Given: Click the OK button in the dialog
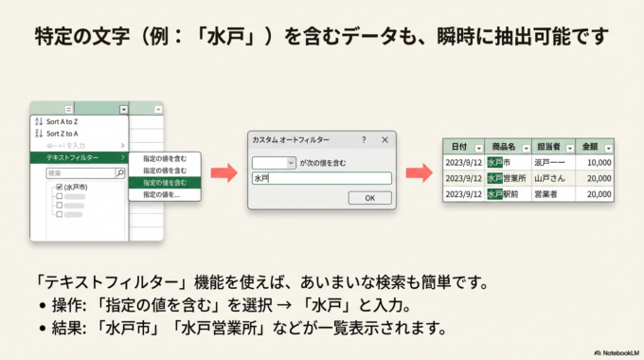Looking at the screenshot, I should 369,198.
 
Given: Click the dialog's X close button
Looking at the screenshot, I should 384,139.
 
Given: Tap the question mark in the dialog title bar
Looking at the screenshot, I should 364,139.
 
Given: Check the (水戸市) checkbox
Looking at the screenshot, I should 59,188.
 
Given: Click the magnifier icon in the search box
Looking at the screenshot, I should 119,173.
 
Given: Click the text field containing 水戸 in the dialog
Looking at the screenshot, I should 321,178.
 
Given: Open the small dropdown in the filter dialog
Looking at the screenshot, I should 275,163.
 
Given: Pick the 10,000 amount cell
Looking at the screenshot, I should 597,163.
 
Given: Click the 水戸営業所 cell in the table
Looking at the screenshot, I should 507,178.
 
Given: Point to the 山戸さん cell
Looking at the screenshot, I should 550,178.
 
